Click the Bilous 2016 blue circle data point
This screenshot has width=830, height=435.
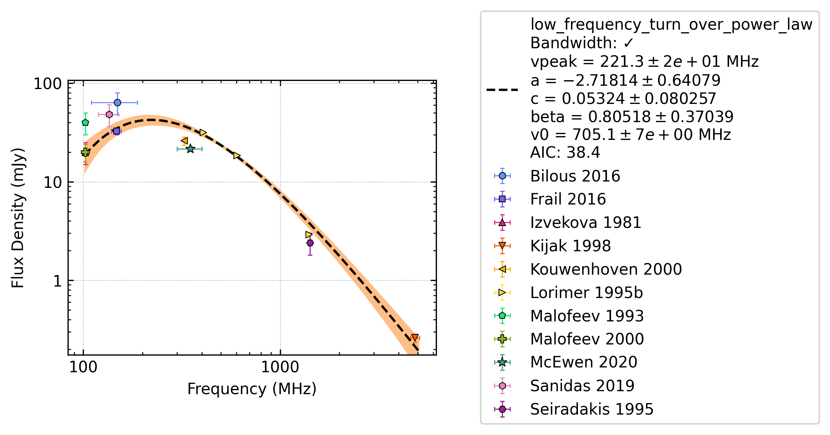[117, 102]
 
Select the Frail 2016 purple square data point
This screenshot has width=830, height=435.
[117, 131]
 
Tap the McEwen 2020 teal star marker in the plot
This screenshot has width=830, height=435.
[190, 149]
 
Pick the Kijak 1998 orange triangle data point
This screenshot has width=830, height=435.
[415, 338]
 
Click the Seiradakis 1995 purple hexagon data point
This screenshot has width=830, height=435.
[310, 243]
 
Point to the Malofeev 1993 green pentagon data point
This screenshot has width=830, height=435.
[85, 122]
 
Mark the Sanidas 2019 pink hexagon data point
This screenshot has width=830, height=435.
[109, 114]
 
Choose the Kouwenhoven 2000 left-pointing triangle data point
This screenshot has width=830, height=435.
[184, 140]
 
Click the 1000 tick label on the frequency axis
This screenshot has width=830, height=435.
[280, 367]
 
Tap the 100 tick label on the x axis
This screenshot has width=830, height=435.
[83, 367]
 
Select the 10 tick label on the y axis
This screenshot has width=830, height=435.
[53, 182]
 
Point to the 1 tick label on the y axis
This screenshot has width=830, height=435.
[58, 281]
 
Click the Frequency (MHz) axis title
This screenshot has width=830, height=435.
[252, 389]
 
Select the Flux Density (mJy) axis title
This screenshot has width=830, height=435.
[17, 218]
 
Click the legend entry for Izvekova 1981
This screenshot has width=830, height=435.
[568, 223]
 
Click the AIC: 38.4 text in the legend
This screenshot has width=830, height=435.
[565, 153]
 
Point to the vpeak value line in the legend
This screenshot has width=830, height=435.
[644, 62]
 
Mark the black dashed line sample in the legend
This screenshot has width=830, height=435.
[502, 90]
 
